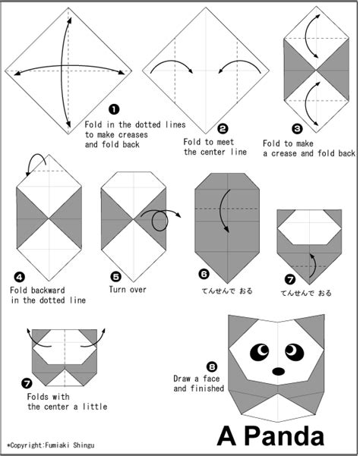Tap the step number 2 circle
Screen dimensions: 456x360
point(223,129)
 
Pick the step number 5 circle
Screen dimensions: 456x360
point(115,277)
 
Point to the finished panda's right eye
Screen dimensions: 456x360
point(293,350)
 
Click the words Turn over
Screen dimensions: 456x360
point(128,290)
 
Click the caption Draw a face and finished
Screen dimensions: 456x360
point(199,383)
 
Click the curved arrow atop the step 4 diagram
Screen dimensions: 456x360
point(33,162)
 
